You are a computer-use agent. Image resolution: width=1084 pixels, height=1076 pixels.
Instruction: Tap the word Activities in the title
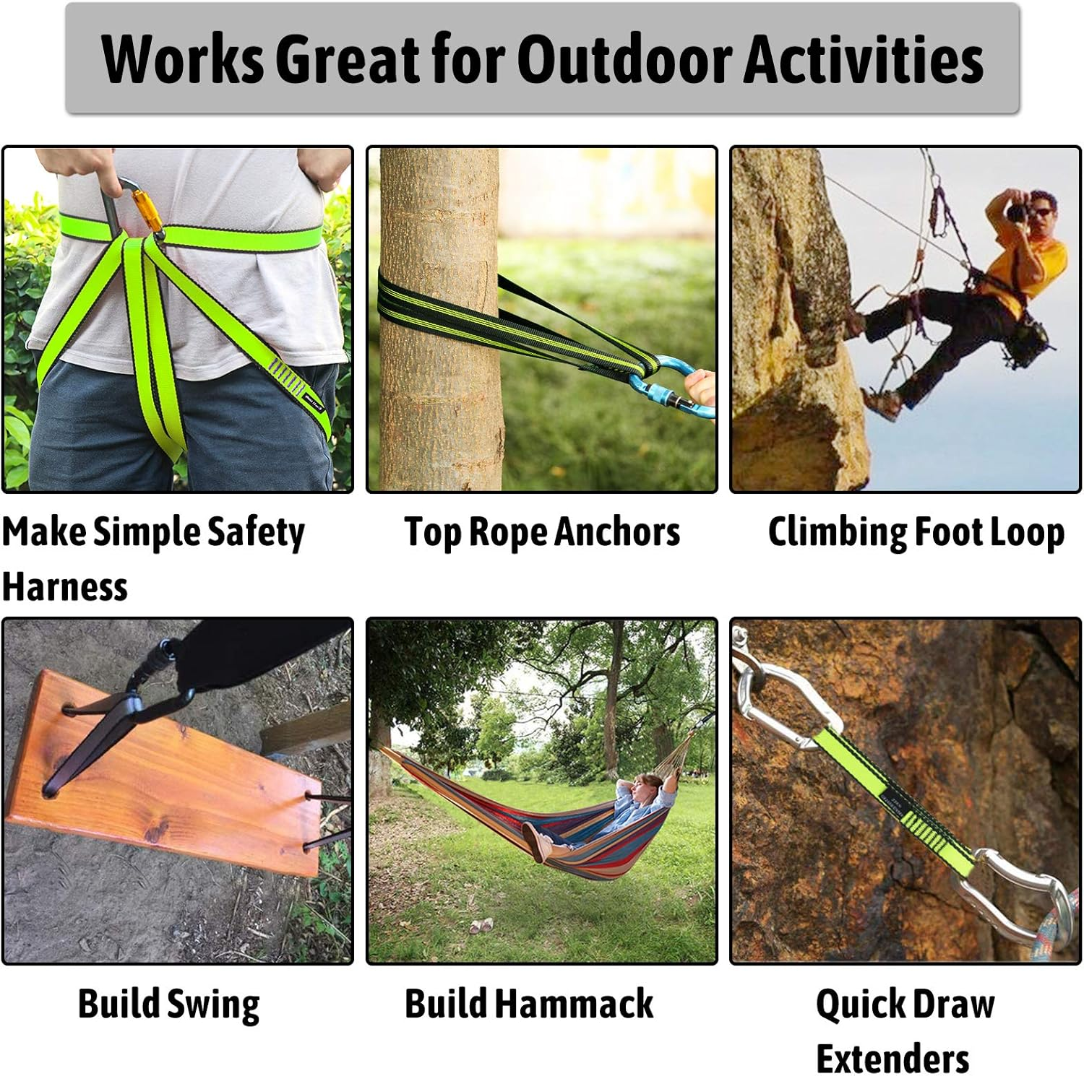[864, 59]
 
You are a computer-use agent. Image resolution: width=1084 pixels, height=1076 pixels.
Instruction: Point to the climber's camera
[1018, 212]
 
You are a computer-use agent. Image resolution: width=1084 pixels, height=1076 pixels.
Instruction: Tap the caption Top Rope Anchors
[542, 532]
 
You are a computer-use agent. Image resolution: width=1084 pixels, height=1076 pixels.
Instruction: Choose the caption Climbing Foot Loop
[916, 532]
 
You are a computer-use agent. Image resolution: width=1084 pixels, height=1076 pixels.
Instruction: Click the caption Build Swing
[168, 1004]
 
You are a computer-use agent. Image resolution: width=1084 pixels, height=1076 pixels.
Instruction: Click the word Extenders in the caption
[892, 1059]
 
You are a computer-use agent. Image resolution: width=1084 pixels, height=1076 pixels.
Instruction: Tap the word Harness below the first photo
[65, 586]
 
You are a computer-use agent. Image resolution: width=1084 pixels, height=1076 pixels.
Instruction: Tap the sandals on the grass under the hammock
[481, 926]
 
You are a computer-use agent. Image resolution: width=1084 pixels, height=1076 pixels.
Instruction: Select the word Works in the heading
[183, 59]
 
